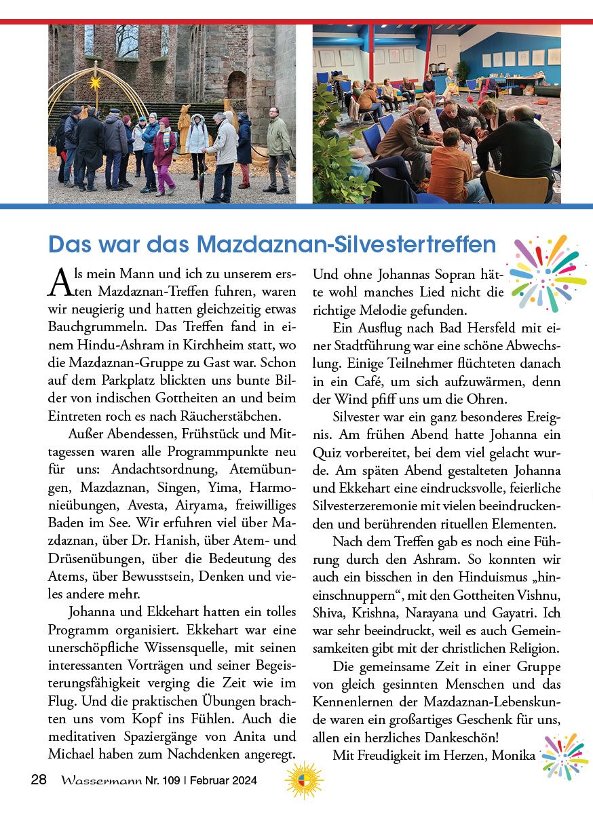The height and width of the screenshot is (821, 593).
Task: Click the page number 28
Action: pyautogui.click(x=39, y=780)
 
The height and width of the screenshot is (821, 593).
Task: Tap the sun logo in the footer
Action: pyautogui.click(x=304, y=780)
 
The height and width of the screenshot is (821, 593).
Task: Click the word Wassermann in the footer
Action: pyautogui.click(x=100, y=780)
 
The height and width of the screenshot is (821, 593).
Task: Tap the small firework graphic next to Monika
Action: pyautogui.click(x=565, y=756)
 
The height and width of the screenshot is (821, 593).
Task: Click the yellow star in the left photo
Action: pyautogui.click(x=96, y=83)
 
